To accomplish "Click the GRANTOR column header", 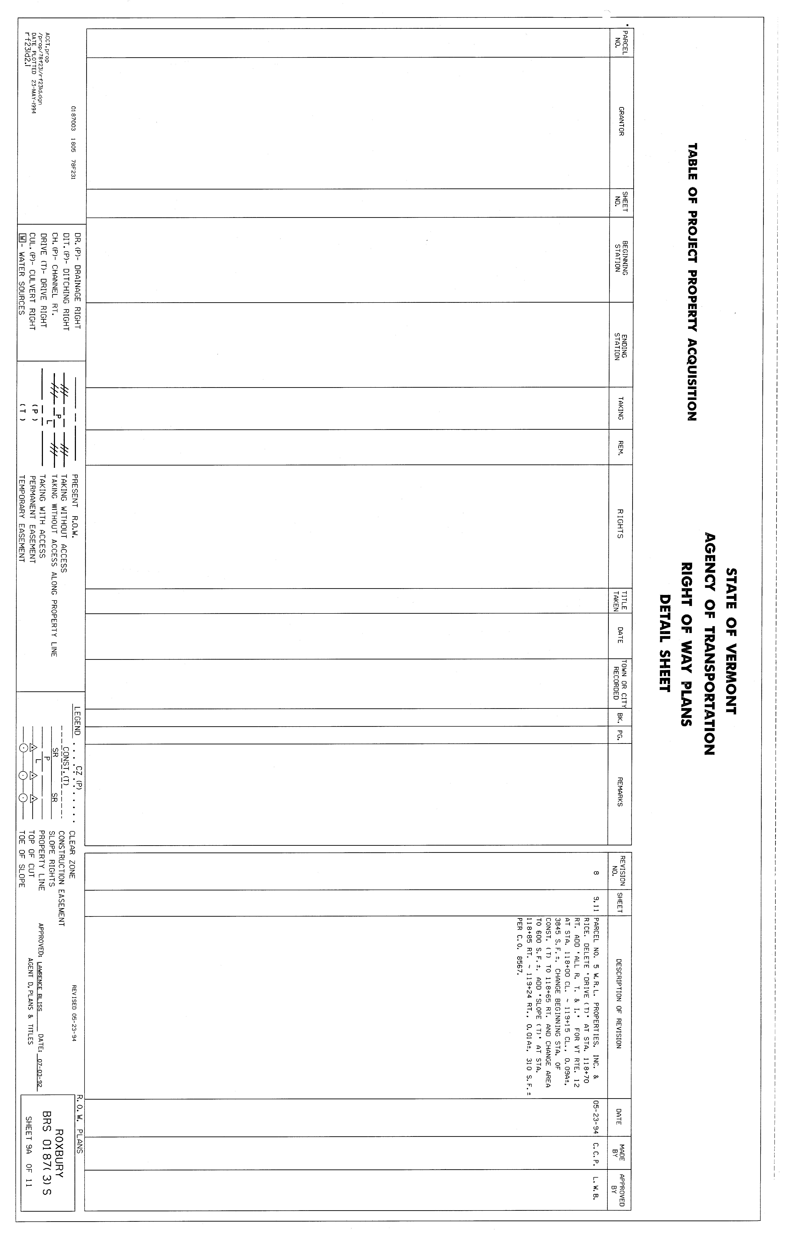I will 621,121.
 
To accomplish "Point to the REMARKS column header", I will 621,791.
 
